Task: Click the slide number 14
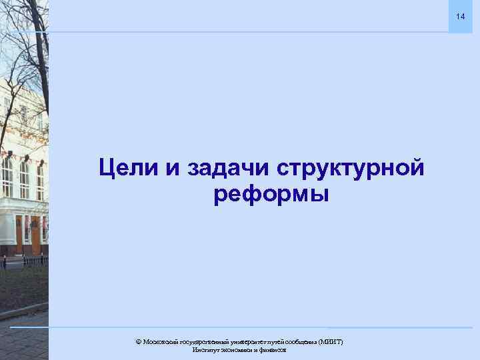pos(459,15)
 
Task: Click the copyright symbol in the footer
pos(138,342)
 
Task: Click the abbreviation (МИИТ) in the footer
pos(331,342)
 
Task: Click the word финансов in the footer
pos(274,350)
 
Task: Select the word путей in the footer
pos(279,342)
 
